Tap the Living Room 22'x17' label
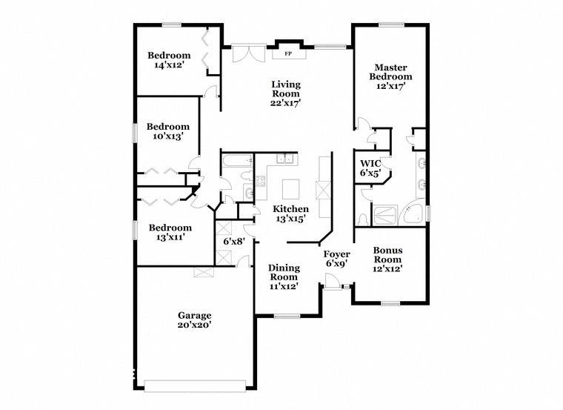285,93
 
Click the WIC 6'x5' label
370,168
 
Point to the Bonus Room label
387,260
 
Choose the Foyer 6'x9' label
337,259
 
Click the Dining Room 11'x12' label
283,276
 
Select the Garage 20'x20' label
193,320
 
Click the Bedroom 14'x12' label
168,60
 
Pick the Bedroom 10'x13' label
167,131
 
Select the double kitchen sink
285,159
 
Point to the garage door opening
196,386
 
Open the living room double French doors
247,54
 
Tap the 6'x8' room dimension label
233,241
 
